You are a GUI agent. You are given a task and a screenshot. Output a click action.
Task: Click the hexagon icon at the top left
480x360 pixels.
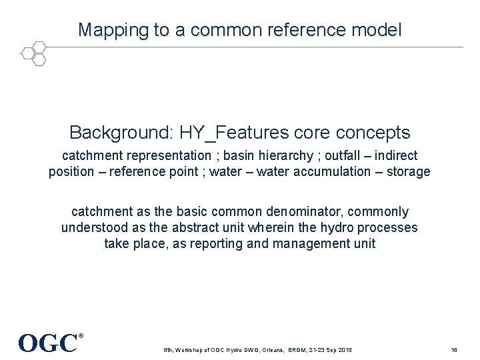tap(34, 53)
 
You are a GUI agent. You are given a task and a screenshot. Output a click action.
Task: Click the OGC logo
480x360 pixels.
tap(49, 343)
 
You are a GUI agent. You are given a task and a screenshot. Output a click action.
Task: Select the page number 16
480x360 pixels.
tap(454, 350)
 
